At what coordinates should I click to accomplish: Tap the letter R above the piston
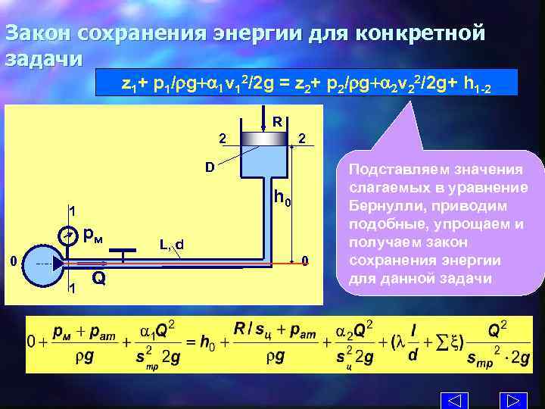(278, 121)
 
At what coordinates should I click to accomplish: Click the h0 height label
(282, 199)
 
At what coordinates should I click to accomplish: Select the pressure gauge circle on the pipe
(69, 237)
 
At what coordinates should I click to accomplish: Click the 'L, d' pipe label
(172, 244)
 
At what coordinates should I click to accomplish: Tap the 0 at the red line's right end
(304, 261)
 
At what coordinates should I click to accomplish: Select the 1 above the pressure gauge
(70, 211)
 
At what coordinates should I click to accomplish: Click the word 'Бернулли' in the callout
(380, 206)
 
